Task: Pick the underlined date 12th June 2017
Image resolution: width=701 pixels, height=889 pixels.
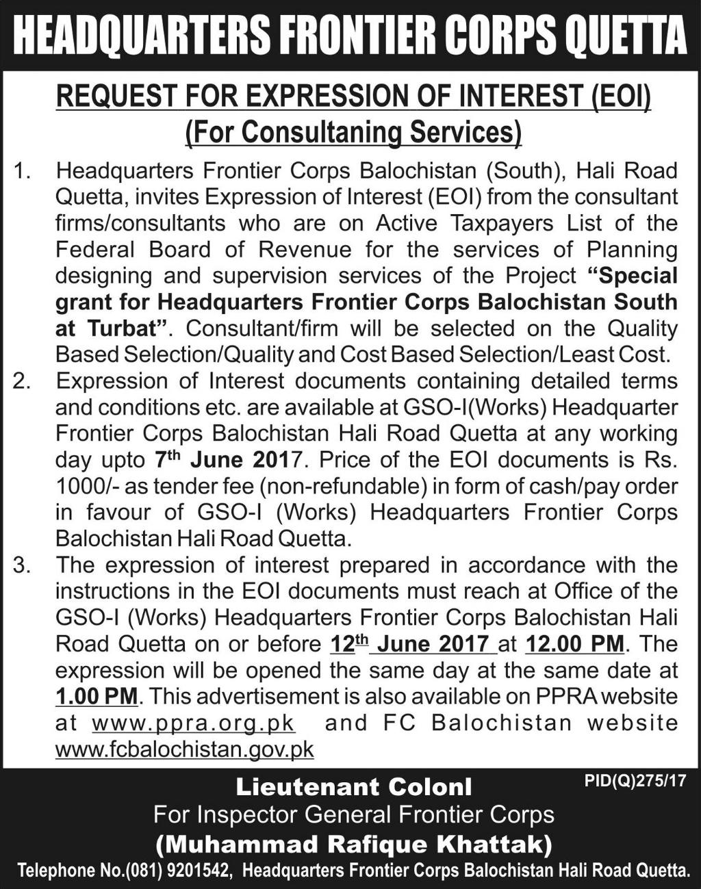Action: coord(409,645)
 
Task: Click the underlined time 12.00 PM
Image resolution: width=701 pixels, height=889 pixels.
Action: coord(574,645)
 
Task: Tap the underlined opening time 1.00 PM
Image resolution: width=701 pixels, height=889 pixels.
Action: coord(97,697)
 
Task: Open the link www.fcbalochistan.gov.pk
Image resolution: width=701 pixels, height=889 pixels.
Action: coord(184,750)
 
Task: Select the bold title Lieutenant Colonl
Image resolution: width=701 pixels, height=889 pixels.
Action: coord(354,788)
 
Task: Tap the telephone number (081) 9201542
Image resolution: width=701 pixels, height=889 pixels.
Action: coord(182,871)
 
